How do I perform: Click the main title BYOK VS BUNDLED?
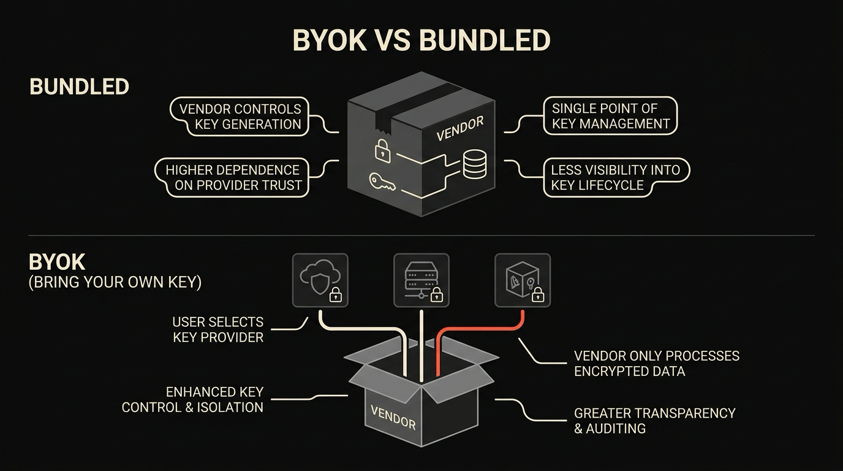pyautogui.click(x=421, y=40)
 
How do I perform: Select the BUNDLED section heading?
pyautogui.click(x=79, y=86)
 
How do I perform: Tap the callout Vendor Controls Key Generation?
pyautogui.click(x=240, y=117)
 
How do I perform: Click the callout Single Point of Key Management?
pyautogui.click(x=610, y=116)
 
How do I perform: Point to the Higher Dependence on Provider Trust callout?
pyautogui.click(x=232, y=177)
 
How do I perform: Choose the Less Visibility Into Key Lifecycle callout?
pyautogui.click(x=616, y=177)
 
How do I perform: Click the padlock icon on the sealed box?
pyautogui.click(x=382, y=150)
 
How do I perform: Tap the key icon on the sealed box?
pyautogui.click(x=382, y=182)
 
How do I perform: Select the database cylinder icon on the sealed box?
pyautogui.click(x=475, y=164)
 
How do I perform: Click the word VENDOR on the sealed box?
pyautogui.click(x=460, y=129)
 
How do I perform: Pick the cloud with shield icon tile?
pyautogui.click(x=320, y=280)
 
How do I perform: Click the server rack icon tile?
pyautogui.click(x=421, y=280)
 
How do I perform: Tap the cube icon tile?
pyautogui.click(x=523, y=280)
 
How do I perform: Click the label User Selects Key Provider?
pyautogui.click(x=218, y=330)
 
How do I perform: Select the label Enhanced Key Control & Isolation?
pyautogui.click(x=192, y=400)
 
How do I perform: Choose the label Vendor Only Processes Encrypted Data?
pyautogui.click(x=657, y=364)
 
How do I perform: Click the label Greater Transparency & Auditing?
pyautogui.click(x=654, y=421)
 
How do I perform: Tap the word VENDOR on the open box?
pyautogui.click(x=393, y=418)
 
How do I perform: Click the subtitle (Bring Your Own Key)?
pyautogui.click(x=115, y=282)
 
